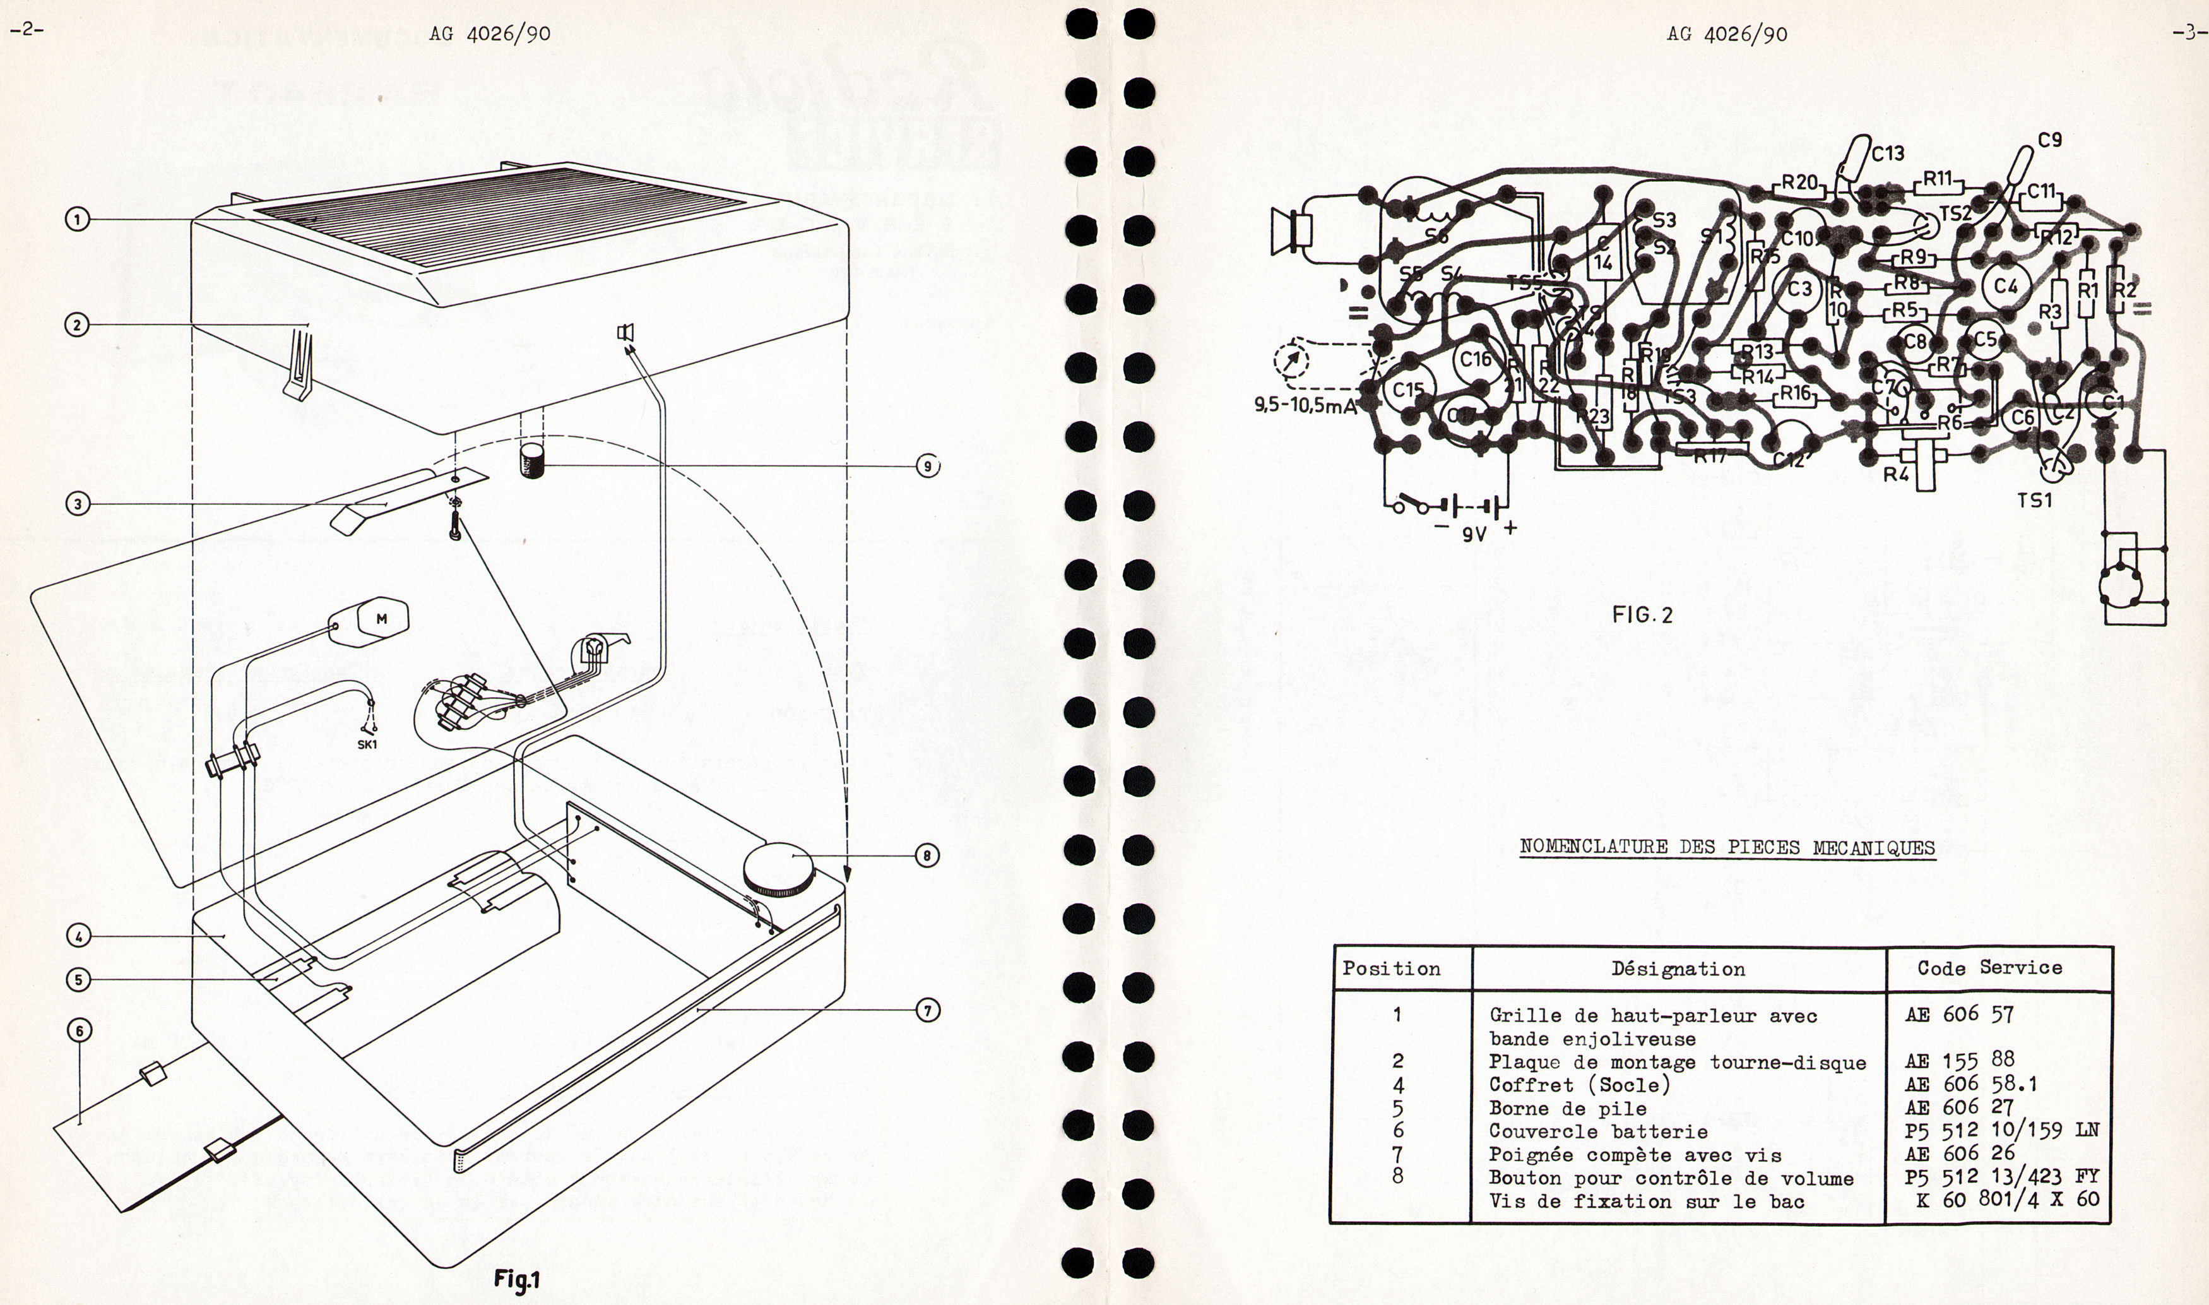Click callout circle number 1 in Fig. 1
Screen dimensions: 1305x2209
78,219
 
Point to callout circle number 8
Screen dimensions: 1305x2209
927,855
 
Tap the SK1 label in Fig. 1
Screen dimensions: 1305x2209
367,744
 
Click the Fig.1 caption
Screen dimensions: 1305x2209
517,1278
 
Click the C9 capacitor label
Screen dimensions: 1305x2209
2050,140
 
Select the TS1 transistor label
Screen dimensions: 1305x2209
2035,501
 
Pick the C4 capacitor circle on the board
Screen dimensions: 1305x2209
2005,286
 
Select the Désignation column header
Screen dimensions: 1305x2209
1678,969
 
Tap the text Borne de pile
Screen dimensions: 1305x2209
1567,1108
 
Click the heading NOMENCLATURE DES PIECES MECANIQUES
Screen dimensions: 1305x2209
1727,848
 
